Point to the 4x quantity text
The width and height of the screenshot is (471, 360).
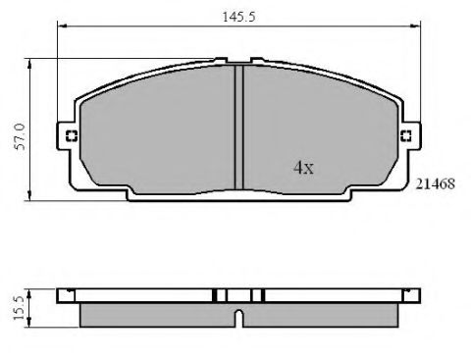(x=303, y=168)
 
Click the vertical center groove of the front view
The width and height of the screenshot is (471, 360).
(x=238, y=125)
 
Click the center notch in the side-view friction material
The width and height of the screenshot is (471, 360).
(x=239, y=317)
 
